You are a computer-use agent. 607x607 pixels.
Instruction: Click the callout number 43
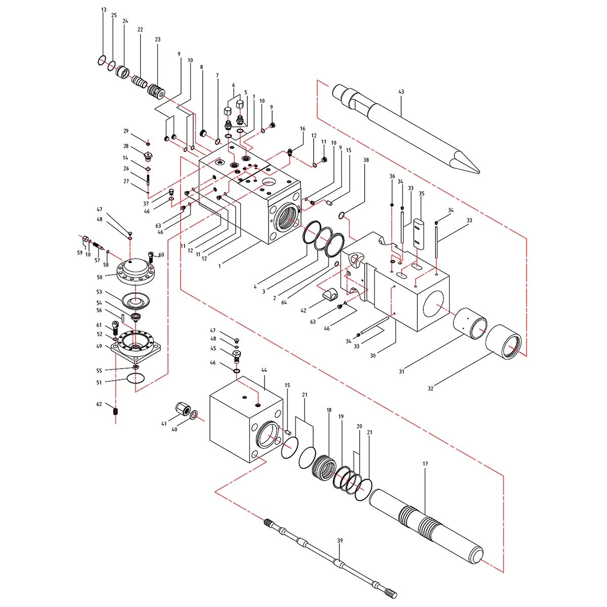(401, 92)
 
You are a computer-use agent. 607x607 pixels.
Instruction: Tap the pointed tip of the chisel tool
(480, 172)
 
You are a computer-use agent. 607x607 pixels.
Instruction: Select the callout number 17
(425, 464)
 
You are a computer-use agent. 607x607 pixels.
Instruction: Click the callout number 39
(340, 541)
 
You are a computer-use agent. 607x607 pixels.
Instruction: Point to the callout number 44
(264, 370)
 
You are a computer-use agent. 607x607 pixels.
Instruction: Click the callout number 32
(430, 388)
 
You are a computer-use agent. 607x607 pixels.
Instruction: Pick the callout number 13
(104, 10)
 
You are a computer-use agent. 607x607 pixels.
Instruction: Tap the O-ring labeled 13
(102, 60)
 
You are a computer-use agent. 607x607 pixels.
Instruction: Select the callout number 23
(157, 39)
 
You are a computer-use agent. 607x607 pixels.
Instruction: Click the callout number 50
(100, 277)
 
